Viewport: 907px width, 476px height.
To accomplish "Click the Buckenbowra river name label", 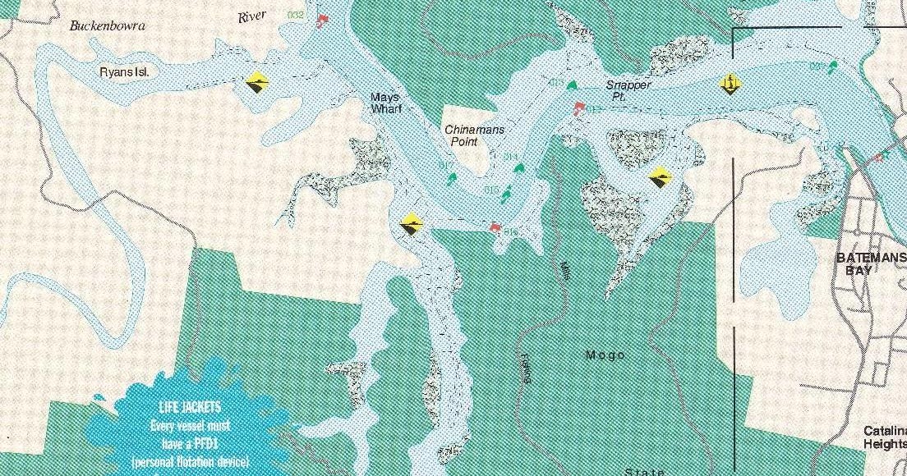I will point(107,25).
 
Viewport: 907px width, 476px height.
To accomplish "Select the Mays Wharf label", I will point(384,103).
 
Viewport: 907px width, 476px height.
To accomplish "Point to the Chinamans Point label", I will point(474,135).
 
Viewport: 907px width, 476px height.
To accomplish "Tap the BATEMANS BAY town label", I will point(870,263).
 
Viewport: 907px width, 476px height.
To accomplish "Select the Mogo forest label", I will point(605,355).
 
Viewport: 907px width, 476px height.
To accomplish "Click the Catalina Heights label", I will point(884,437).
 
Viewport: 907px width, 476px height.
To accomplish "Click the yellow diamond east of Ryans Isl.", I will point(257,82).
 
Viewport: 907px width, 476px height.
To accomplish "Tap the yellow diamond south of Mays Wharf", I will point(412,223).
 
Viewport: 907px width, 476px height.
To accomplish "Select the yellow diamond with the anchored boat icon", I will point(728,83).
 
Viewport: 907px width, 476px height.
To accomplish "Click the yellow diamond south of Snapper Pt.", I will point(659,176).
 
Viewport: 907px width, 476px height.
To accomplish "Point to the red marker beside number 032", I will point(322,21).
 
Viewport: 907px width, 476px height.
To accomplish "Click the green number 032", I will point(297,14).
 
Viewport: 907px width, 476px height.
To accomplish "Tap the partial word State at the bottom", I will point(643,471).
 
